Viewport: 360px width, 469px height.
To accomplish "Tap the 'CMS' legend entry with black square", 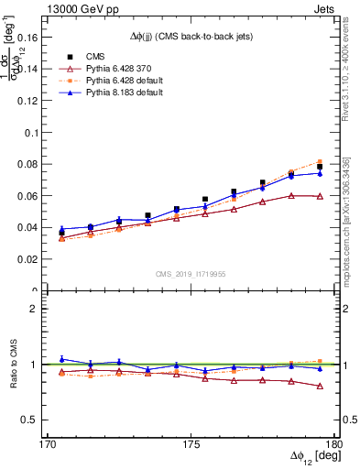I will tap(83, 56).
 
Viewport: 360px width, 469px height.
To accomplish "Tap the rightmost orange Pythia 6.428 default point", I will tap(320, 161).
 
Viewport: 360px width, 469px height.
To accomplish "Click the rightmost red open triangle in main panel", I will tap(320, 196).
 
